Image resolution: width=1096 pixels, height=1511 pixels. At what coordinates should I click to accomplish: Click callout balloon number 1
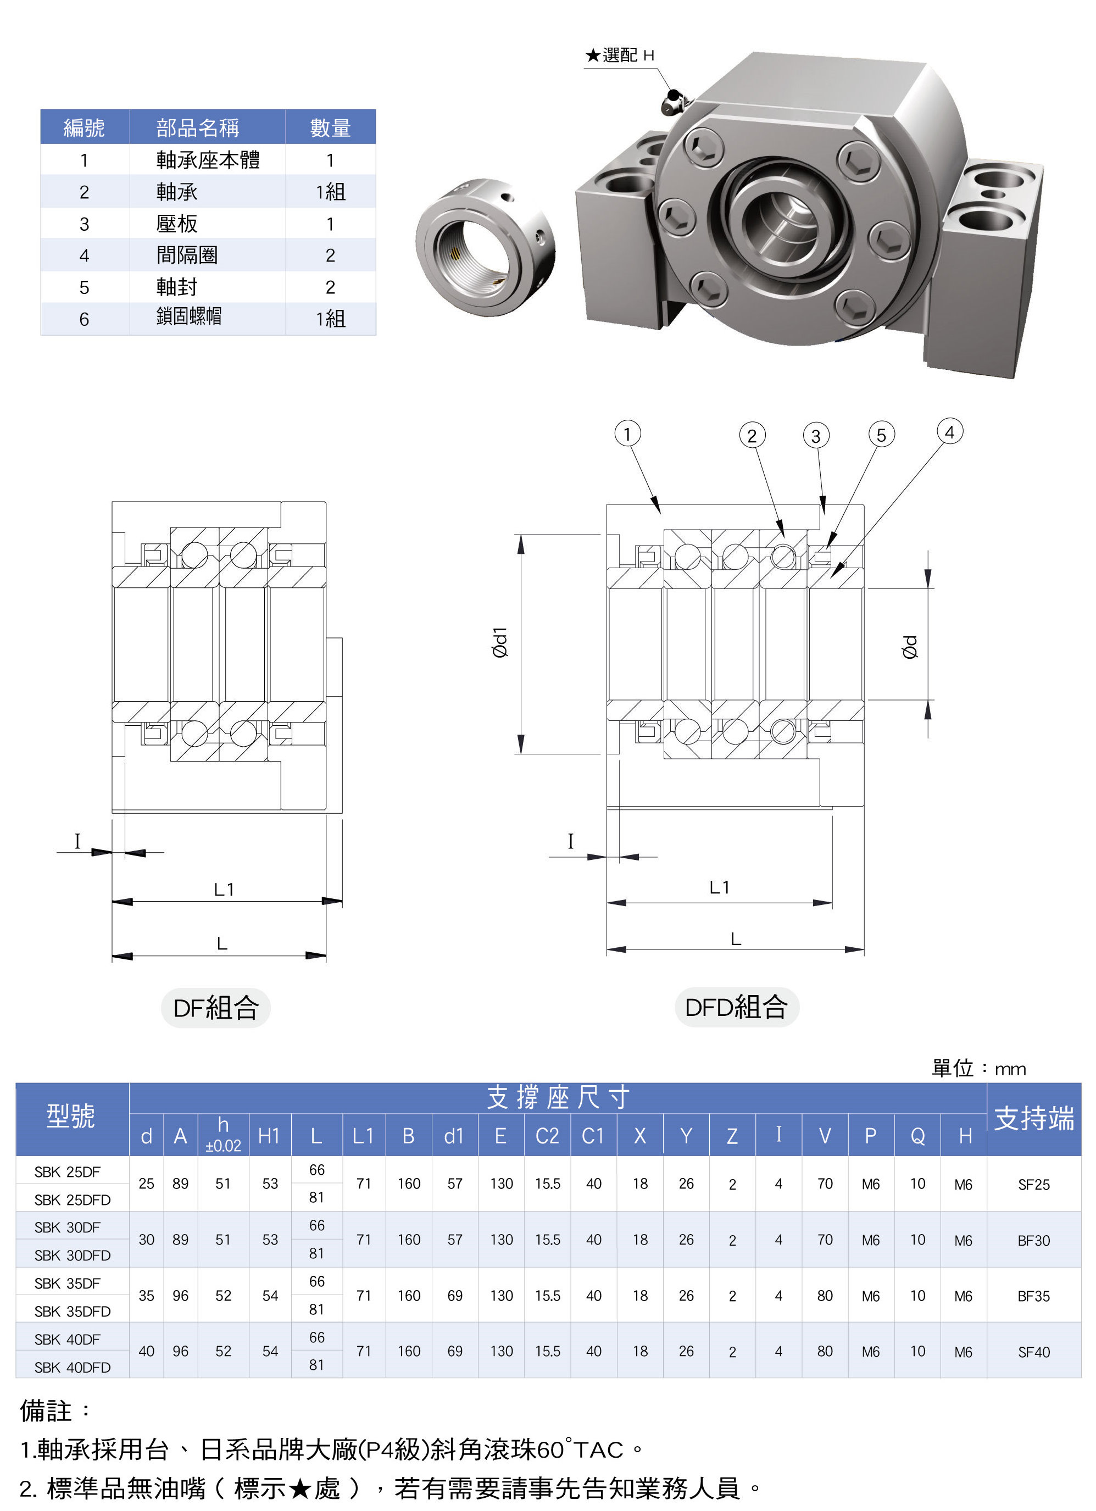coord(626,434)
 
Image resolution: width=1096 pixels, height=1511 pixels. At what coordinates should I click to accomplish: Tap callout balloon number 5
coord(881,435)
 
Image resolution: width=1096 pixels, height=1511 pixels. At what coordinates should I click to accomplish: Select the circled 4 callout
coord(949,432)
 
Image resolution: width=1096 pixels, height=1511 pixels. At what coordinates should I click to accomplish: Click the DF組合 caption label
coord(216,1007)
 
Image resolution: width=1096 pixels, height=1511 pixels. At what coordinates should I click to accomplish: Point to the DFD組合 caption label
coord(736,1007)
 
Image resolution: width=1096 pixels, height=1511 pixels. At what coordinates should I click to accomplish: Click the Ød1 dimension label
coord(500,642)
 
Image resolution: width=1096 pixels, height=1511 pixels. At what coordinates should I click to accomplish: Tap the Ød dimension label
coord(910,647)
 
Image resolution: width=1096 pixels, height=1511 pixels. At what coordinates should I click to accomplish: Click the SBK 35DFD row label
coord(73,1311)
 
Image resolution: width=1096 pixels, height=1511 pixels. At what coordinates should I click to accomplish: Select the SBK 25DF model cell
coord(67,1172)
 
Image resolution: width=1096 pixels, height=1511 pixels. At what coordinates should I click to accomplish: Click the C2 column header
coord(547,1136)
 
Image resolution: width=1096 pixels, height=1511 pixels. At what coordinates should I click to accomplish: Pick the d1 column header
coord(454,1136)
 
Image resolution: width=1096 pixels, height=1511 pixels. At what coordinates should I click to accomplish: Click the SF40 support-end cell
coord(1033,1352)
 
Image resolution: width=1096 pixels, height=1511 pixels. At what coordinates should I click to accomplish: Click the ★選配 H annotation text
coord(620,55)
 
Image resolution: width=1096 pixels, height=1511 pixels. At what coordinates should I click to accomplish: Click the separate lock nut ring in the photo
coord(485,247)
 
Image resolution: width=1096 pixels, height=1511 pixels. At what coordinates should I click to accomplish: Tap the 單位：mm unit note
coord(978,1069)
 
